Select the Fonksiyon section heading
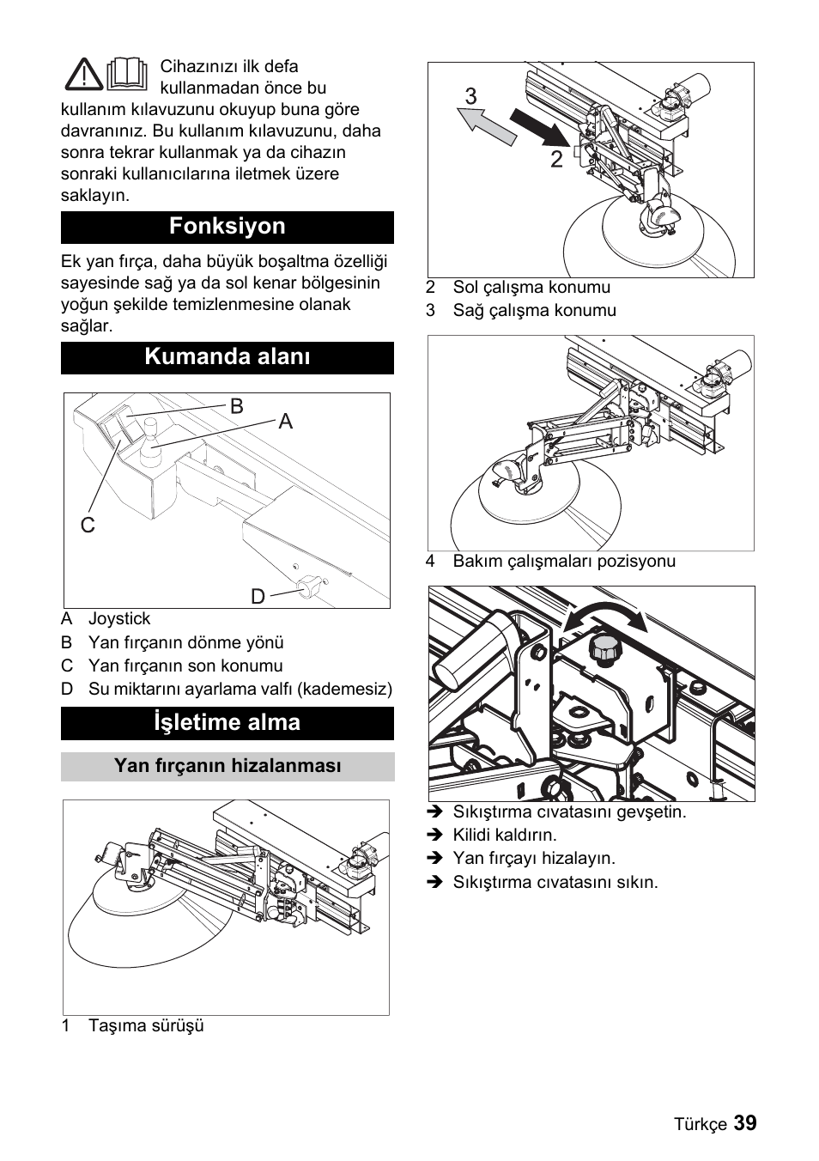[x=227, y=227]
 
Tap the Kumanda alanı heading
[x=227, y=357]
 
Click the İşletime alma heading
[x=227, y=723]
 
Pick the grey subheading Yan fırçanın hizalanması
[x=227, y=766]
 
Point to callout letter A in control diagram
[x=285, y=421]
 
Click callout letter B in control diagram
[x=237, y=406]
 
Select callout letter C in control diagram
[x=88, y=525]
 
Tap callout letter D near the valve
[x=258, y=596]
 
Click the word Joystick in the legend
[x=119, y=619]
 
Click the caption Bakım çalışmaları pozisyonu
[x=564, y=562]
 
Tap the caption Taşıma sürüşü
[x=146, y=1026]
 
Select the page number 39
[x=745, y=1123]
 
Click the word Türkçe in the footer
[x=700, y=1125]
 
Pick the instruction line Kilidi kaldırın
[x=505, y=836]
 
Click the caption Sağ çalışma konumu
[x=534, y=311]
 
